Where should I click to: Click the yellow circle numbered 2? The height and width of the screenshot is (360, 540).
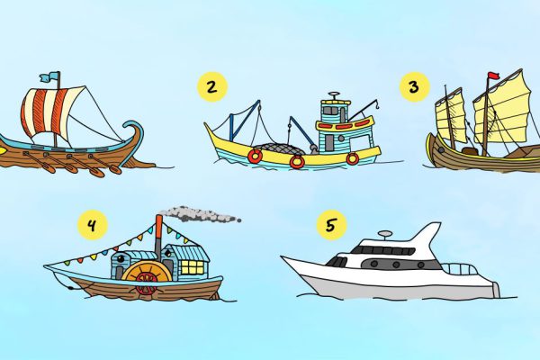(212, 86)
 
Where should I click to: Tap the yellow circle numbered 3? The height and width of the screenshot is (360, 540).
(414, 86)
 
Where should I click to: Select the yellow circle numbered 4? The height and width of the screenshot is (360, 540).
(93, 225)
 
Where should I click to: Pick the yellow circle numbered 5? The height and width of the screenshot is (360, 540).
(331, 225)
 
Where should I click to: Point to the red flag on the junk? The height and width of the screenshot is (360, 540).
(493, 76)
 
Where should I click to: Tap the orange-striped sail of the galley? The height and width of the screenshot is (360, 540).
(51, 110)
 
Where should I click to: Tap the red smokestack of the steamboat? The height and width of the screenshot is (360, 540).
(158, 234)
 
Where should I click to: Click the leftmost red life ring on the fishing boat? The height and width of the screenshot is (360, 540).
(256, 156)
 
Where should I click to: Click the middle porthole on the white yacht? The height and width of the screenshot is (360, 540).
(396, 265)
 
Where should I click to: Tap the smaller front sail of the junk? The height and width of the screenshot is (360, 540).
(451, 115)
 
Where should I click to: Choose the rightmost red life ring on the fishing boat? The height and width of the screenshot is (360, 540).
(353, 158)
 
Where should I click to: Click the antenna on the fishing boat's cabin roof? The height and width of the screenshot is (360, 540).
(334, 96)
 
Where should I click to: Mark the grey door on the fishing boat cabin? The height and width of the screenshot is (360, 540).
(329, 142)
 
